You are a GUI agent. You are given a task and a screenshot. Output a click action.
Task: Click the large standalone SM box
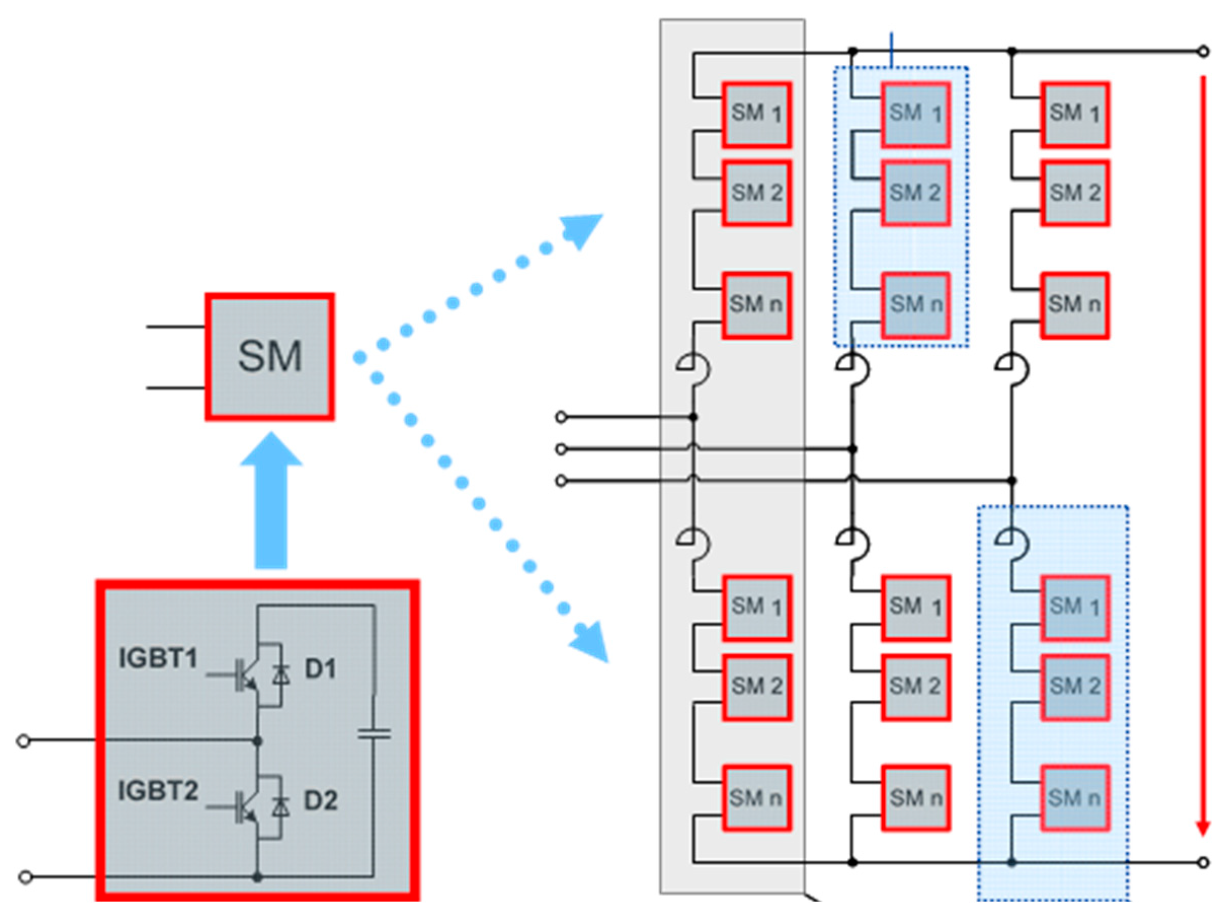(x=269, y=356)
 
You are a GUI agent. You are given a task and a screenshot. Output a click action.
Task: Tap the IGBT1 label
(x=158, y=659)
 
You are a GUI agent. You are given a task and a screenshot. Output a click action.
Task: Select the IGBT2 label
(x=158, y=790)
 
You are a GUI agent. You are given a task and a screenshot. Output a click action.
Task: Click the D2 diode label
(x=320, y=801)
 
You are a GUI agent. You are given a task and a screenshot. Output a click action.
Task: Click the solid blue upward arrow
(x=271, y=501)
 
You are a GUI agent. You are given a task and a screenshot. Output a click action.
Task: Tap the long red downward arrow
(x=1202, y=454)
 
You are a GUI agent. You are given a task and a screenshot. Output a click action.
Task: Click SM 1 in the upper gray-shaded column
(x=756, y=114)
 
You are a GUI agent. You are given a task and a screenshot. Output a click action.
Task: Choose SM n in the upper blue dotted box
(x=915, y=304)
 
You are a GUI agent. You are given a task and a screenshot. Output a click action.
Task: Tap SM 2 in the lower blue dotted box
(x=1075, y=687)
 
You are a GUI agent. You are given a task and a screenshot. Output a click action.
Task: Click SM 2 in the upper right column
(x=1075, y=192)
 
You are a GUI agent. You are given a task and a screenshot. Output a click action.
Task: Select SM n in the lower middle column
(x=915, y=797)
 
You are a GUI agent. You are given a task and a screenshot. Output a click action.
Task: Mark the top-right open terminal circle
(x=1203, y=52)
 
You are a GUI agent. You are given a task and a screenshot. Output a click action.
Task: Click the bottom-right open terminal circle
(x=1203, y=862)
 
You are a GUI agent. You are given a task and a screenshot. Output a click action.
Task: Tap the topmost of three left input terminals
(x=560, y=417)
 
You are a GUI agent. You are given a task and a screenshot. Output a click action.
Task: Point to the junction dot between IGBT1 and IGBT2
(x=257, y=741)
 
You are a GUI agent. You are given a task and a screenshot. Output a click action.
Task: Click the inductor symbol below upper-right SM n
(x=1014, y=368)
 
